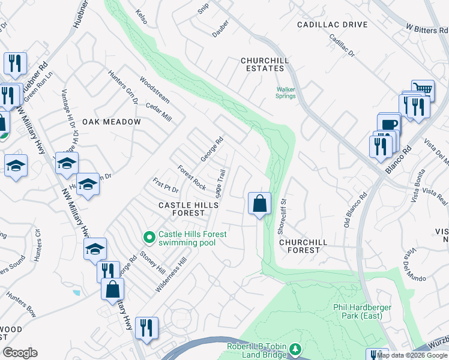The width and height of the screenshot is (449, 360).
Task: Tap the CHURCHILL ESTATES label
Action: click(x=262, y=64)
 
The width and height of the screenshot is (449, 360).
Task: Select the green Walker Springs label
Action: click(x=286, y=92)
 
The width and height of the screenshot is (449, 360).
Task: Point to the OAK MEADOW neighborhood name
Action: click(x=112, y=122)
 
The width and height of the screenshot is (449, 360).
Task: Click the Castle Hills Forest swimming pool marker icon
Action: click(x=149, y=238)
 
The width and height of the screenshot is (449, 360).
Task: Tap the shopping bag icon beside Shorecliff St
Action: click(x=259, y=203)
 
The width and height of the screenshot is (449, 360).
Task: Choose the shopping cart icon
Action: click(x=423, y=90)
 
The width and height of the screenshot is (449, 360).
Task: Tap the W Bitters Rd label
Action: click(x=426, y=28)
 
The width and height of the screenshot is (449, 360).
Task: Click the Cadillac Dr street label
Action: click(x=343, y=46)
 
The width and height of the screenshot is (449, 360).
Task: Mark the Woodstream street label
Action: click(x=154, y=88)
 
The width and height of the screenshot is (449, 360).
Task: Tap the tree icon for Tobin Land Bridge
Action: click(x=295, y=349)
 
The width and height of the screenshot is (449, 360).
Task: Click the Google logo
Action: click(x=20, y=353)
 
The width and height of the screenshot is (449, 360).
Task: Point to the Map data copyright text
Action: click(x=412, y=355)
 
